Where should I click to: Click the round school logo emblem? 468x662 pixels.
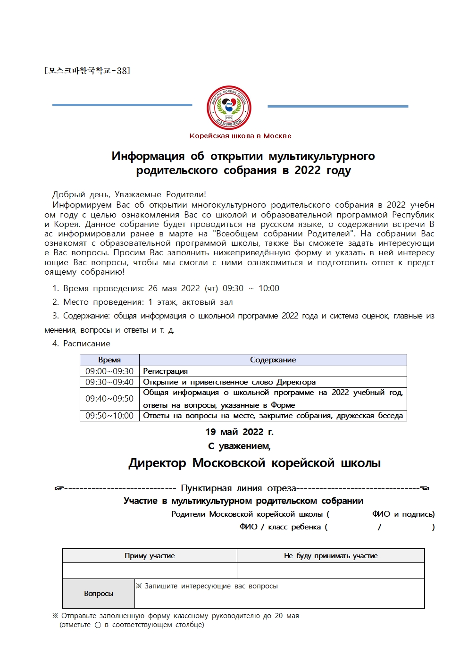tap(229, 108)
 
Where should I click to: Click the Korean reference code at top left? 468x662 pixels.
tap(87, 71)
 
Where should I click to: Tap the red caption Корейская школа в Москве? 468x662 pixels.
tap(240, 136)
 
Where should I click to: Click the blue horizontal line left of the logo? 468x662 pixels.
tap(122, 105)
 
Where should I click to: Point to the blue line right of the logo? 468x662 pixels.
tap(338, 106)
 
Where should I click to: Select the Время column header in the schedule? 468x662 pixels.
tap(109, 360)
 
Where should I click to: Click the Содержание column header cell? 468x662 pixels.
tap(273, 360)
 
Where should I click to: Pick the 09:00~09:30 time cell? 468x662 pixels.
tap(109, 371)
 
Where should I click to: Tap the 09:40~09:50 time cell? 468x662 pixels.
tap(109, 399)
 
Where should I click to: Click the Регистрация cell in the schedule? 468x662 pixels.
tap(165, 371)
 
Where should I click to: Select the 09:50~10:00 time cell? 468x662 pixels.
tap(109, 416)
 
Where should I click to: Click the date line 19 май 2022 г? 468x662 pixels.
tap(239, 432)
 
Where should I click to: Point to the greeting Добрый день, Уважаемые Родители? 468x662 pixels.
tap(129, 194)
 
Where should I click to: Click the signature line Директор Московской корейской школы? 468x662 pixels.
tap(254, 463)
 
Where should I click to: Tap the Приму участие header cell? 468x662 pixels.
tap(150, 556)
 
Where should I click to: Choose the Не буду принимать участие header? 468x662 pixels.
tap(331, 556)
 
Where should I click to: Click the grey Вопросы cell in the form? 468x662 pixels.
tap(99, 594)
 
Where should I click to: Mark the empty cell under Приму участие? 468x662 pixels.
tap(150, 570)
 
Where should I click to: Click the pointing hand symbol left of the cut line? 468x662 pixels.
tap(59, 488)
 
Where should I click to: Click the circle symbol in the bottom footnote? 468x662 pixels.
tap(98, 625)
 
